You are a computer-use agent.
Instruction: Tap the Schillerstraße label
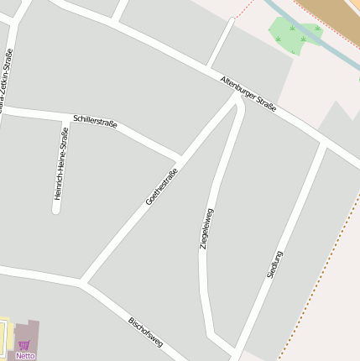click(x=95, y=122)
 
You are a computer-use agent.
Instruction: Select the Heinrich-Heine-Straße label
click(x=61, y=163)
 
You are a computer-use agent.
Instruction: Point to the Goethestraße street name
click(x=162, y=187)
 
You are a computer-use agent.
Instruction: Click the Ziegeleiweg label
click(x=206, y=228)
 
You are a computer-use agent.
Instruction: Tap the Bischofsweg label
click(x=145, y=332)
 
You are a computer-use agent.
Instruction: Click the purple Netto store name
click(x=25, y=356)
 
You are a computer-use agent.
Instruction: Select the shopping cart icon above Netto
click(x=23, y=345)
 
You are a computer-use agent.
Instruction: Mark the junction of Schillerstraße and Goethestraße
click(x=180, y=157)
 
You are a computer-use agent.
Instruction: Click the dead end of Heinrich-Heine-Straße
click(x=56, y=210)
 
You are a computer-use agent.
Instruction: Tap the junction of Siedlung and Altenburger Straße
click(x=323, y=144)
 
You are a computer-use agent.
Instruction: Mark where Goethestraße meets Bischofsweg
click(x=83, y=282)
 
